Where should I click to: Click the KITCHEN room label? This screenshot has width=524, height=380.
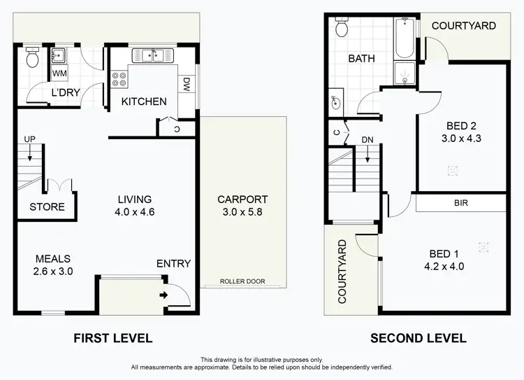[x=144, y=101]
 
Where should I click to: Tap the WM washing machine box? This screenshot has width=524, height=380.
[x=59, y=73]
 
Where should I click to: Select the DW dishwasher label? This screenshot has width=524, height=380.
[x=187, y=85]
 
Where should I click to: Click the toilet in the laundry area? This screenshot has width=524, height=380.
[x=32, y=59]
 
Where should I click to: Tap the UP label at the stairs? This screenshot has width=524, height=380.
[x=29, y=140]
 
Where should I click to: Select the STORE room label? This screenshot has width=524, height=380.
[x=47, y=206]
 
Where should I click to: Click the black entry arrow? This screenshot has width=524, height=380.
[x=164, y=295]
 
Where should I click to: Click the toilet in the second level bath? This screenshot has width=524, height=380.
[x=342, y=28]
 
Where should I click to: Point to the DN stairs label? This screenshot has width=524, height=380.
[x=367, y=140]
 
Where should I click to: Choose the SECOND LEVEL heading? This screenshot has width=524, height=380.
[x=418, y=339]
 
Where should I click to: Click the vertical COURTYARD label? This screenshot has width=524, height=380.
[x=342, y=272]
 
